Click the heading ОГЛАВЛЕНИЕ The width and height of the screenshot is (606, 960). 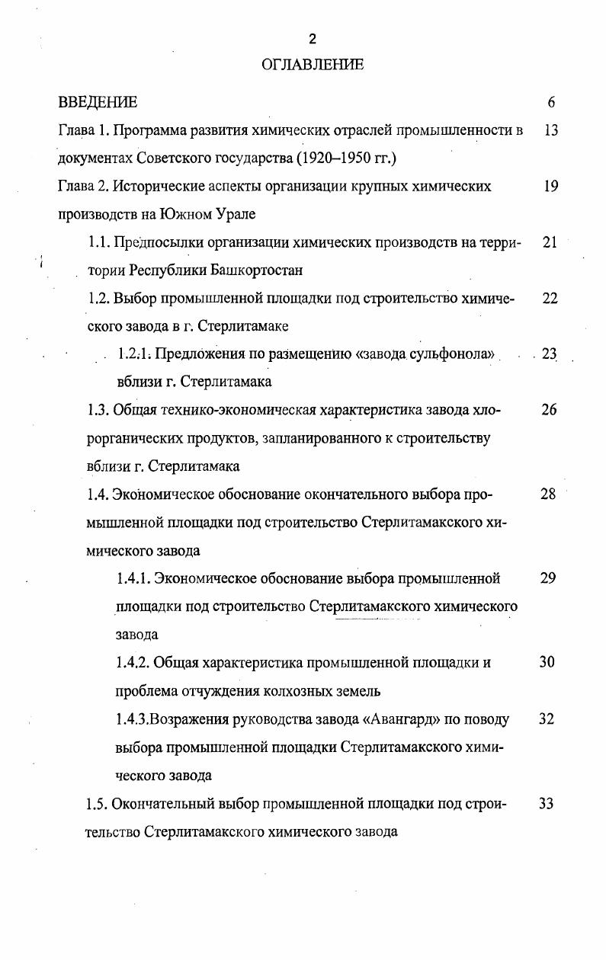pos(312,65)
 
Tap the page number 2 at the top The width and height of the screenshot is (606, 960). pos(313,40)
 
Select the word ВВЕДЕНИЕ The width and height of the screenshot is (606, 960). pos(98,102)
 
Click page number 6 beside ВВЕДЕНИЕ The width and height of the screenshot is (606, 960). pos(551,102)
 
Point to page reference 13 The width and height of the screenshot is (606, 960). pos(552,130)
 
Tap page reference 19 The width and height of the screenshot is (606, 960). pos(552,186)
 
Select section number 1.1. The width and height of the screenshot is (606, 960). pos(98,242)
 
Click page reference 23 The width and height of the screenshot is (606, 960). pos(549,354)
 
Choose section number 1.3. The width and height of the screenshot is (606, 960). pos(98,410)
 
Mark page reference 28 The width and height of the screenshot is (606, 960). pos(548,494)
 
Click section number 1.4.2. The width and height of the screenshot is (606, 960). pos(133,662)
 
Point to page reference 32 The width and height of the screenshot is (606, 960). pos(546,718)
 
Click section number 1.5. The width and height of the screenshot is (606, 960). pos(98,803)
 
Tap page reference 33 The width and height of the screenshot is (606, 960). pos(545,803)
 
